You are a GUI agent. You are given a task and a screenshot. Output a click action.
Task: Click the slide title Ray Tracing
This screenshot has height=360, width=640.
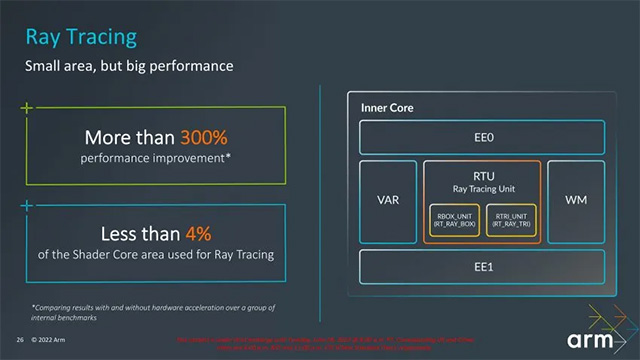pyautogui.click(x=81, y=38)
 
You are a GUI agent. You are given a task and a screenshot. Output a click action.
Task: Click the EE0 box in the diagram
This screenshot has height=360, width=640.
pyautogui.click(x=481, y=136)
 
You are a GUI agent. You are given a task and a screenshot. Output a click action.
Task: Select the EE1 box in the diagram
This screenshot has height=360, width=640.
pyautogui.click(x=481, y=267)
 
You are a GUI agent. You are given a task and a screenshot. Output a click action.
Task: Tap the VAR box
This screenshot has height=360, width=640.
pyautogui.click(x=387, y=201)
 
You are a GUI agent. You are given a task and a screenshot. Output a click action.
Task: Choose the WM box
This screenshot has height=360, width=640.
pyautogui.click(x=575, y=201)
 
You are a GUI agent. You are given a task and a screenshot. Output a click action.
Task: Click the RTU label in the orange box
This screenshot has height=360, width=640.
pyautogui.click(x=483, y=174)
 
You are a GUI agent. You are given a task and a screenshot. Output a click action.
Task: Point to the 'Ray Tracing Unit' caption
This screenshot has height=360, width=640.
pyautogui.click(x=483, y=187)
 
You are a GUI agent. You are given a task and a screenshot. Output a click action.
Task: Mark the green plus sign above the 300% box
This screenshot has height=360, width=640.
pyautogui.click(x=27, y=105)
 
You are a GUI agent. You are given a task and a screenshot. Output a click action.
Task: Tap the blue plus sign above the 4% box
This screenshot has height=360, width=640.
pyautogui.click(x=27, y=206)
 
